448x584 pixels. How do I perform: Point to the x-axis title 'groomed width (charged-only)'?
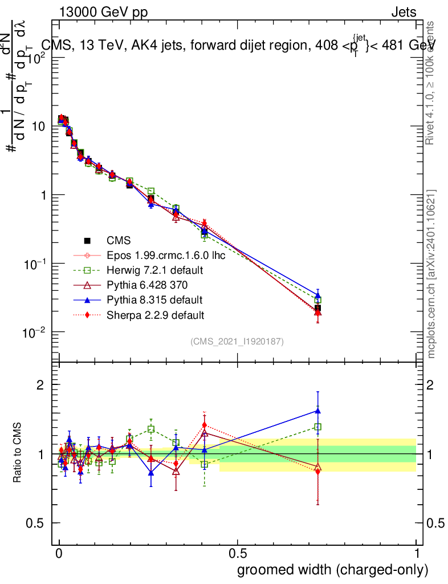coord(332,570)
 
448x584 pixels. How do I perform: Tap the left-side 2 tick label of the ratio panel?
coord(40,385)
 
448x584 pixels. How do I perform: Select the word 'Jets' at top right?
coord(403,13)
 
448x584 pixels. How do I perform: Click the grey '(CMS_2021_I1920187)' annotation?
coord(237,341)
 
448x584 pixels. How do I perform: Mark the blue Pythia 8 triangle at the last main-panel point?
coord(318,295)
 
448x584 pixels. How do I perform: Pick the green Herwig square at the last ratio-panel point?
coord(318,427)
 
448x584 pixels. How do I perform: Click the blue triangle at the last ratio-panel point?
coord(318,410)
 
